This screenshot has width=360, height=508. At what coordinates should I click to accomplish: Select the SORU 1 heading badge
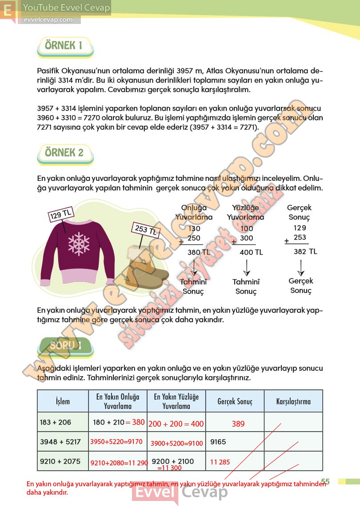point(66,346)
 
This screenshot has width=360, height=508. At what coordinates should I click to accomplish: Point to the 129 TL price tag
point(61,215)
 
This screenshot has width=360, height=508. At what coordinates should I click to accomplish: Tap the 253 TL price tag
point(145,230)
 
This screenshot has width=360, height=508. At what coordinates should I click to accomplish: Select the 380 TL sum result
point(198,252)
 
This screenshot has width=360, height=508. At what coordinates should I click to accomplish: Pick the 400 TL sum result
point(251,252)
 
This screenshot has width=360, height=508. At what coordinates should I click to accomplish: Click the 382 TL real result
point(305,252)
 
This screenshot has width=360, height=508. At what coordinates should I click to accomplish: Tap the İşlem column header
point(63,401)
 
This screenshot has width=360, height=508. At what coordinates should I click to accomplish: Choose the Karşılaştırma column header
point(293,401)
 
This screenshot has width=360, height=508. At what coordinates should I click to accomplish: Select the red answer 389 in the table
point(238,424)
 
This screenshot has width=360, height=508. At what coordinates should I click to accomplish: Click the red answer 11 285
point(220,462)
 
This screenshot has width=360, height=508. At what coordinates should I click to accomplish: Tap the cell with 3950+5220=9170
point(116,442)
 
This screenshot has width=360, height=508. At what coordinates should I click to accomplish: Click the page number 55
point(325,481)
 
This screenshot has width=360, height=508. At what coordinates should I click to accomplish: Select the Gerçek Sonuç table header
point(235,401)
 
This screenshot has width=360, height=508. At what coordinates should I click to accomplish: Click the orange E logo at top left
point(8,11)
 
